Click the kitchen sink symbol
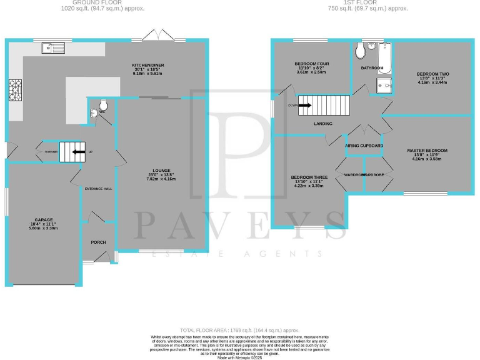tap(54, 47)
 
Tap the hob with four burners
tap(14, 90)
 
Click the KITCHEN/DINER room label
tap(147, 64)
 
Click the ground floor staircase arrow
tap(78, 151)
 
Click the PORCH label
tap(99, 242)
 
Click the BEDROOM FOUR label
tap(311, 64)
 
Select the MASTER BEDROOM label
tap(427, 151)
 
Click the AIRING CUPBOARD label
tap(364, 145)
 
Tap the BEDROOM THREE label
tap(307, 177)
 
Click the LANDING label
tap(323, 123)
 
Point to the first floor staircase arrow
tap(304, 106)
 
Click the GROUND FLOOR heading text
tap(103, 2)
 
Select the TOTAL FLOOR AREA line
tap(239, 329)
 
